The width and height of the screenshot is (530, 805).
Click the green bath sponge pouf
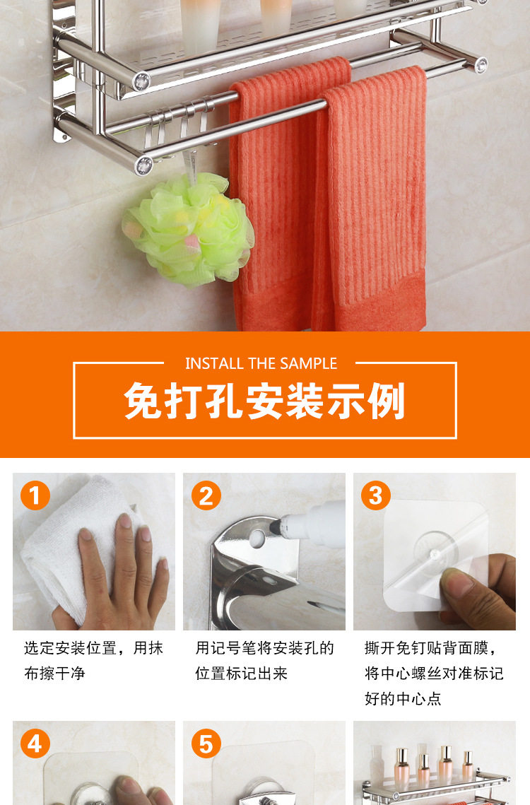189,229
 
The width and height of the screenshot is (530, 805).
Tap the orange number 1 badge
35,495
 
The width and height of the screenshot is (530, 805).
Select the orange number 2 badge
206,495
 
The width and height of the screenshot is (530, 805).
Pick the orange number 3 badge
376,495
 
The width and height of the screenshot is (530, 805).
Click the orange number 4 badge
35,744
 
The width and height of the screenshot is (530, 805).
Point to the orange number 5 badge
206,744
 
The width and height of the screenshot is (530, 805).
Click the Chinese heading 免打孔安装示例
264,401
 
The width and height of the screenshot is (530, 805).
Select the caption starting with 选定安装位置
93,660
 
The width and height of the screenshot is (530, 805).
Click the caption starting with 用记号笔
264,660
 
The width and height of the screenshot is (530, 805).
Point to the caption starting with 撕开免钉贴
435,673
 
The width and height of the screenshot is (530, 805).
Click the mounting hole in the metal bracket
257,539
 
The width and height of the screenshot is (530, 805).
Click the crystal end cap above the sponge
143,165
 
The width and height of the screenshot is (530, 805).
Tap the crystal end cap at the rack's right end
481,65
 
